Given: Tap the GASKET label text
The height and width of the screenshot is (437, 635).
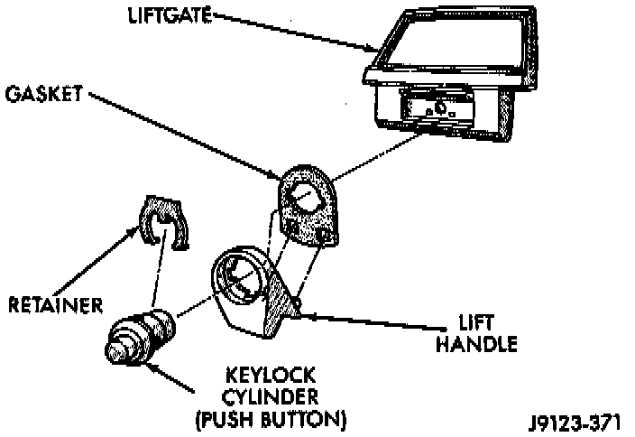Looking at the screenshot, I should pos(43,93).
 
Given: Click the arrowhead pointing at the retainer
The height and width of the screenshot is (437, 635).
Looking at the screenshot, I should pos(138,232).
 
